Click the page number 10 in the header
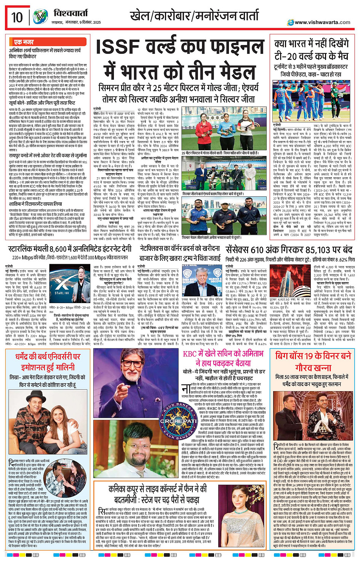(x=17, y=18)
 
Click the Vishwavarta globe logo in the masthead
(x=40, y=17)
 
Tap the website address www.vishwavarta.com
(x=322, y=22)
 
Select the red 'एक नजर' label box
(x=24, y=42)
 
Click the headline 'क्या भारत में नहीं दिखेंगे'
(x=311, y=44)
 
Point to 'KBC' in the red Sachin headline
(x=190, y=353)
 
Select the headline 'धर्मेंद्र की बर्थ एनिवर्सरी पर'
(x=48, y=357)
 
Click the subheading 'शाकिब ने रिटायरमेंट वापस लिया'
(x=36, y=204)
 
